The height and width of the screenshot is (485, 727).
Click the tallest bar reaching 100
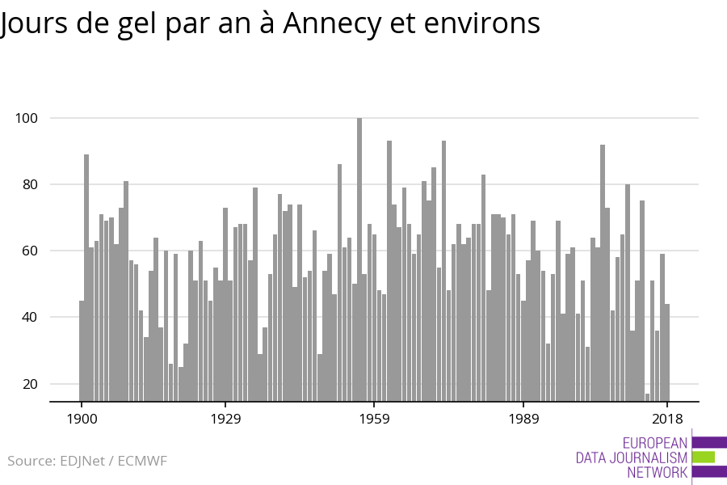[x=359, y=259]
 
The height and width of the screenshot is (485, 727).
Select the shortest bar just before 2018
[x=647, y=397]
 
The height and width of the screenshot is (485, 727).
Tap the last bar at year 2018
[x=667, y=352]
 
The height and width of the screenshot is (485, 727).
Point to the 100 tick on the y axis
[x=27, y=118]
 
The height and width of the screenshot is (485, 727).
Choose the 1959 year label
[x=374, y=419]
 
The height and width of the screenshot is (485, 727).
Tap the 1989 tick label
[x=523, y=419]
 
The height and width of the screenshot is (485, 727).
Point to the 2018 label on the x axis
[x=667, y=419]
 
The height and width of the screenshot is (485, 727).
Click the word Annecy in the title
[x=331, y=24]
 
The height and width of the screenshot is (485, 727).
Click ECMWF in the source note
[x=142, y=462]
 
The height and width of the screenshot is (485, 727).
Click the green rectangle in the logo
[x=704, y=458]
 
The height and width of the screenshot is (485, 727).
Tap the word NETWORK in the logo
[x=658, y=473]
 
